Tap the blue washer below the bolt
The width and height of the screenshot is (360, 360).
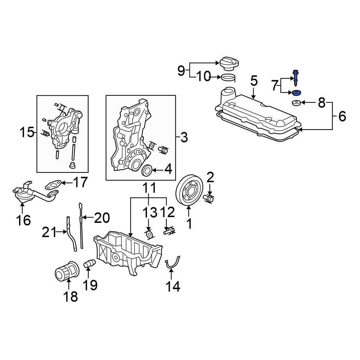click(296, 94)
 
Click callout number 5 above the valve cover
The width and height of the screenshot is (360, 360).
click(254, 81)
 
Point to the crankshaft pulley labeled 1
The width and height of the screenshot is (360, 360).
click(190, 190)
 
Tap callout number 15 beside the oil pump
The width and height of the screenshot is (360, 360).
click(27, 132)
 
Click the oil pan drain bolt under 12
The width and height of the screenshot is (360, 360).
click(169, 231)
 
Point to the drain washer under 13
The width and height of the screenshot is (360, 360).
click(149, 235)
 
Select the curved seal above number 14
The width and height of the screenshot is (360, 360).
click(172, 263)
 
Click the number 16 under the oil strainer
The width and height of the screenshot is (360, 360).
click(23, 220)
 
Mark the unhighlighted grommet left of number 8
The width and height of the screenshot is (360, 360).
click(296, 104)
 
